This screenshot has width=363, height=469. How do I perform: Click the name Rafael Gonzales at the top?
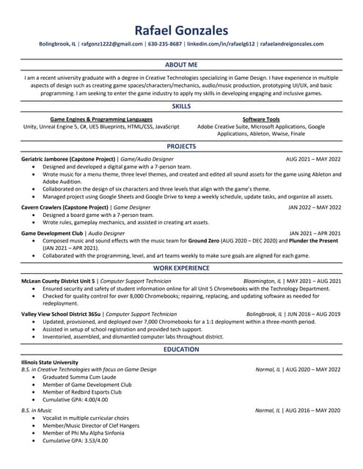pyautogui.click(x=181, y=30)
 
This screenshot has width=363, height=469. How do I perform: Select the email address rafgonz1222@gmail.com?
pyautogui.click(x=112, y=44)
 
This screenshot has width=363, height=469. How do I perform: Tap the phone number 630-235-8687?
pyautogui.click(x=165, y=44)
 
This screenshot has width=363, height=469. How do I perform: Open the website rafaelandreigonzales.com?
pyautogui.click(x=291, y=44)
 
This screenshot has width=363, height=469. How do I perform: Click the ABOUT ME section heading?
pyautogui.click(x=181, y=64)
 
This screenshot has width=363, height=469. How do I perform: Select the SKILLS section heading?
pyautogui.click(x=181, y=106)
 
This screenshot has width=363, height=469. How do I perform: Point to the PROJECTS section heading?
pyautogui.click(x=181, y=147)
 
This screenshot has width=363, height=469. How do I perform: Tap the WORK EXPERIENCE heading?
pyautogui.click(x=181, y=269)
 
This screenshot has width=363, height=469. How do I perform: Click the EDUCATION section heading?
pyautogui.click(x=181, y=350)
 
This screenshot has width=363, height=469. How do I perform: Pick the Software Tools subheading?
pyautogui.click(x=260, y=119)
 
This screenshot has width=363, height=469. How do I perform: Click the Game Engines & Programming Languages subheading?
pyautogui.click(x=101, y=119)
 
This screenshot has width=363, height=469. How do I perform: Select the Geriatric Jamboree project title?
pyautogui.click(x=69, y=158)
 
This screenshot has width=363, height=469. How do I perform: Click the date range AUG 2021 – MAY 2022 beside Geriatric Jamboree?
pyautogui.click(x=313, y=158)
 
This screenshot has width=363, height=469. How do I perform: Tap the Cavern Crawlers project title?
pyautogui.click(x=63, y=207)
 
